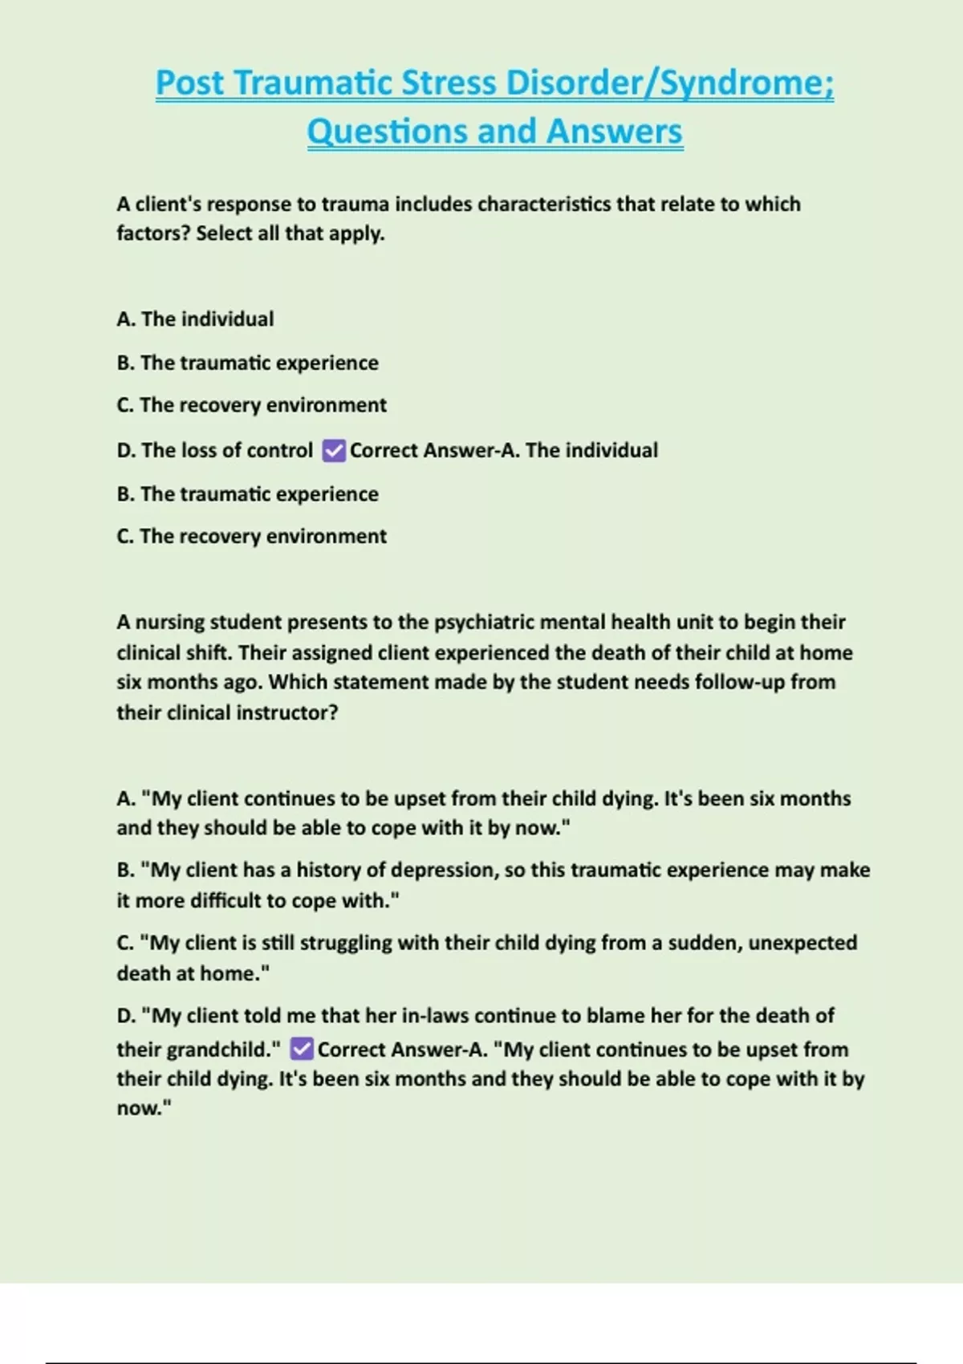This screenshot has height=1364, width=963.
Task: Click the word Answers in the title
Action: (x=614, y=132)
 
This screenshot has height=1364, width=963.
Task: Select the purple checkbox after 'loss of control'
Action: (x=333, y=451)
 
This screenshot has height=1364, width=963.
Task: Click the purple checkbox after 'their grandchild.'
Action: (x=301, y=1049)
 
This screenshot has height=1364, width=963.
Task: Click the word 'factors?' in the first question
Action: (x=152, y=233)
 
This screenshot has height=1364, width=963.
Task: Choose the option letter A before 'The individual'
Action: (x=125, y=319)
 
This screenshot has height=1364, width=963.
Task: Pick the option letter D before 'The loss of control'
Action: (x=126, y=451)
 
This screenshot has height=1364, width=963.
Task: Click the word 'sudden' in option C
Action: (x=704, y=943)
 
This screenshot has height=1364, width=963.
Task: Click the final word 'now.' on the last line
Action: (x=144, y=1109)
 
